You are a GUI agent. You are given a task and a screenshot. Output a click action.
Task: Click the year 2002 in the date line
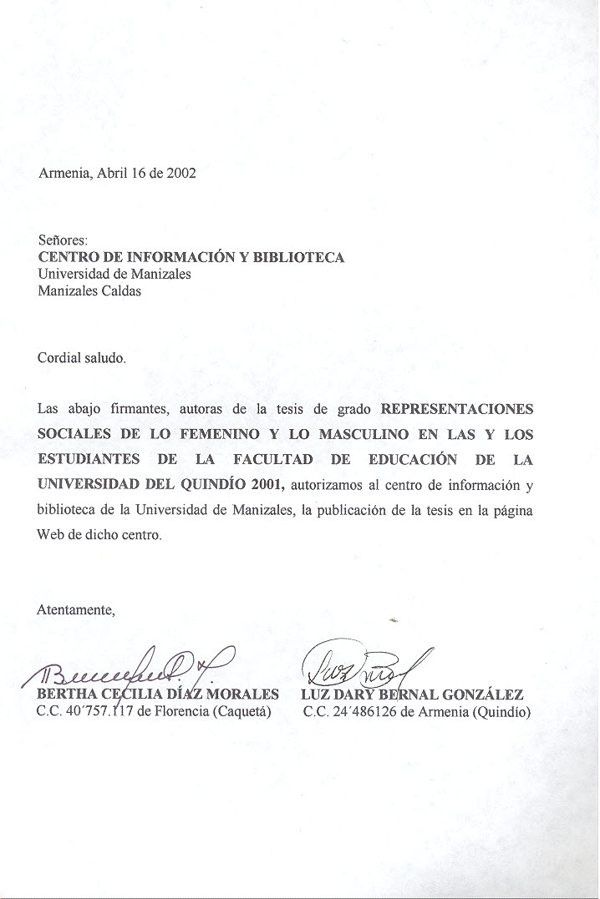point(181,174)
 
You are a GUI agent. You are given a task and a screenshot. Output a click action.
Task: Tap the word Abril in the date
point(113,174)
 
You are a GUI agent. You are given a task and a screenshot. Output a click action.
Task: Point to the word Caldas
point(122,291)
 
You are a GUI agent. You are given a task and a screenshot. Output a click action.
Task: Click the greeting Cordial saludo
point(81,358)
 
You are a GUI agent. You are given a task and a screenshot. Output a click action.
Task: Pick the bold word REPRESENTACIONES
point(456,410)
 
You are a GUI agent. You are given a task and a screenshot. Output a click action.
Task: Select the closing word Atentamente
point(75,609)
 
